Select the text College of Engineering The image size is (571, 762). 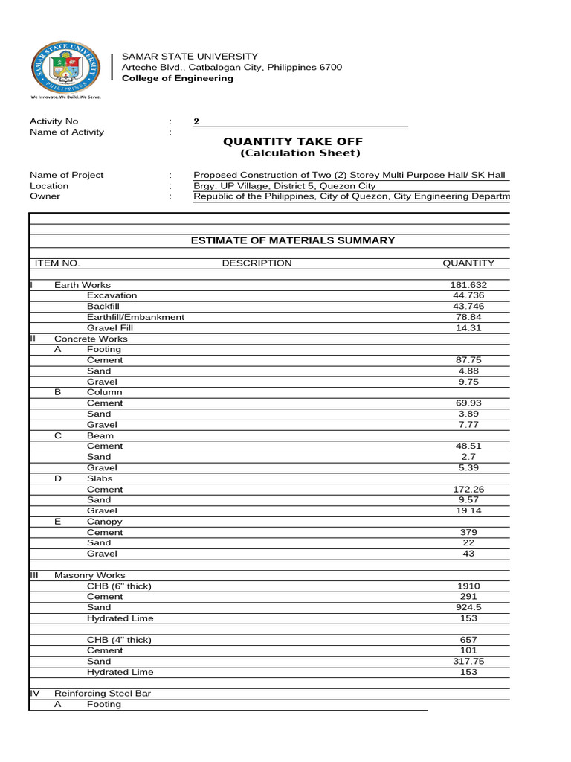coord(177,78)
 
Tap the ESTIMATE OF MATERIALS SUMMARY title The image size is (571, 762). coord(293,240)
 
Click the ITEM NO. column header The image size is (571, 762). coord(57,263)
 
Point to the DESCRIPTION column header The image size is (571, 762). coord(257,263)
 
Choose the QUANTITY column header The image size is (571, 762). coord(468,263)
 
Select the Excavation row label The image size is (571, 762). coord(112,295)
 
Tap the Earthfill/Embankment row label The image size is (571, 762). coord(135,317)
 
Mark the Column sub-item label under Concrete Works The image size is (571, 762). coord(104,392)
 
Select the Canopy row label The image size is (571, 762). coord(104,522)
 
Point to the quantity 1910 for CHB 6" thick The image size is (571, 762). coord(468,586)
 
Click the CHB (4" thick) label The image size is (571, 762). coord(119,640)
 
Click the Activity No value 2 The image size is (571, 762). coord(196,121)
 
